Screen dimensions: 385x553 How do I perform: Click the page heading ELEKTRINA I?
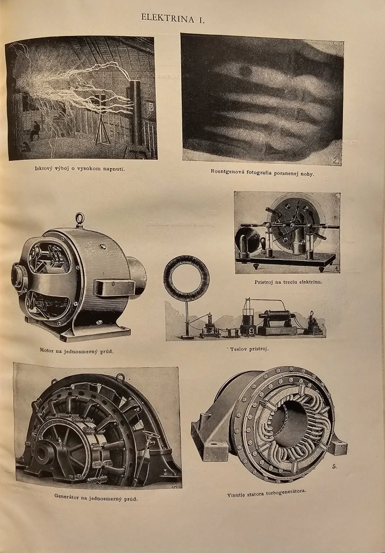172,18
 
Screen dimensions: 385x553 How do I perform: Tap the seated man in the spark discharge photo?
34,131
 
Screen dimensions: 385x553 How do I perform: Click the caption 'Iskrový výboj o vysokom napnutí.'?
80,169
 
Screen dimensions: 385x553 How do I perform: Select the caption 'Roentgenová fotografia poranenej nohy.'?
262,173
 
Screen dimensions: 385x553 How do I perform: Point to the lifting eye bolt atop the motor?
80,220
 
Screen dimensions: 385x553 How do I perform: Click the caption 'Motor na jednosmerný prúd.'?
76,351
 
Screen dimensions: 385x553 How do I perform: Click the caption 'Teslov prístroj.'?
249,349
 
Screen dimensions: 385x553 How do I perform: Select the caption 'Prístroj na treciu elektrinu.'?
288,282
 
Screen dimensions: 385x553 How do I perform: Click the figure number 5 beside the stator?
334,466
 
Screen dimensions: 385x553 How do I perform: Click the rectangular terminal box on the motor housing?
114,288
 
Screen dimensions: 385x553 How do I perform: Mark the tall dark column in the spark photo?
136,113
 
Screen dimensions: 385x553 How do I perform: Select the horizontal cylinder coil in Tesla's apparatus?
277,316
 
